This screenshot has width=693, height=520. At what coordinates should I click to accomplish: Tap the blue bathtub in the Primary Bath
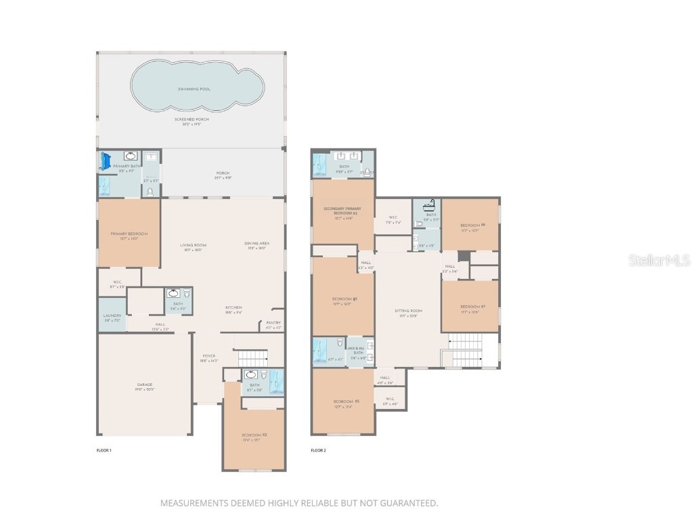pos(105,161)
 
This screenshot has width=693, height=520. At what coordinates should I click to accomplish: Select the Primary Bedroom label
pos(129,234)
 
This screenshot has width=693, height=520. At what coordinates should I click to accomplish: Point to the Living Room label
pos(193,245)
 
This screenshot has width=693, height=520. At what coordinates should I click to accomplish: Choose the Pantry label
pos(273,323)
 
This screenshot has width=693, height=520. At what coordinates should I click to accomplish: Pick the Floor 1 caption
pos(104,450)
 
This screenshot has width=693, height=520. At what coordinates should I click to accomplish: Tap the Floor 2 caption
pos(318,450)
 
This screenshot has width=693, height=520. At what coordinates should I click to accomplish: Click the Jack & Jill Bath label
pos(355,351)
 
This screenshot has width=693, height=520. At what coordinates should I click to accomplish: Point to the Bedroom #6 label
pos(470,225)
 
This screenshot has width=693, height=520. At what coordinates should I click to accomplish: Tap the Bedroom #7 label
pos(470,306)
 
